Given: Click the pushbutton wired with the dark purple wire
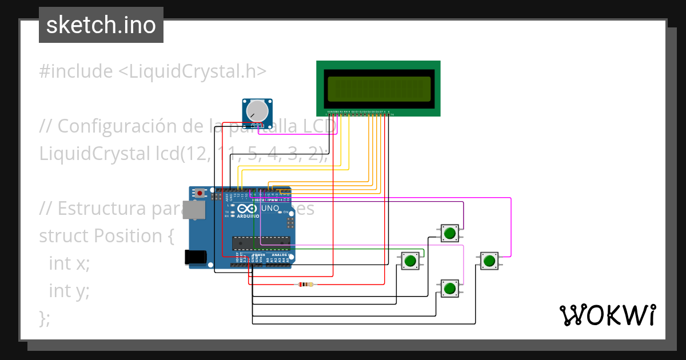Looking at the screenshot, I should click(450, 233).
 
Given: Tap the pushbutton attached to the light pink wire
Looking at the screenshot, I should click(450, 287).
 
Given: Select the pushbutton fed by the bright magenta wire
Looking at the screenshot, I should click(489, 261).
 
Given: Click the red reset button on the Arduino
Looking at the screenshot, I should click(200, 193).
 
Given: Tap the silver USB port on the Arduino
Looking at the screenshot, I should click(196, 211).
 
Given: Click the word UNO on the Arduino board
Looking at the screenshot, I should click(270, 209).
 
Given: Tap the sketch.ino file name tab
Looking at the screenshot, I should click(101, 25).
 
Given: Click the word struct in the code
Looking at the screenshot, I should click(63, 235).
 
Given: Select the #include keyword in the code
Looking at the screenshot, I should click(76, 71).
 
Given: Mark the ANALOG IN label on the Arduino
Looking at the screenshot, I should click(279, 255).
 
